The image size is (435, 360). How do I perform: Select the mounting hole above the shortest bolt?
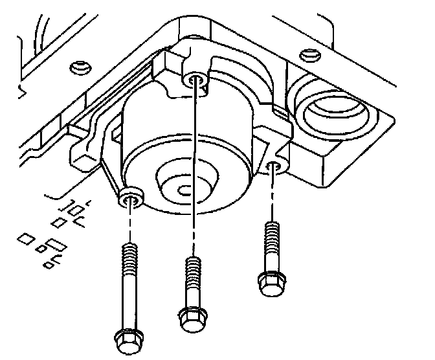[274, 168]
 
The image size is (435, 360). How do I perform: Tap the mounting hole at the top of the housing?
[195, 81]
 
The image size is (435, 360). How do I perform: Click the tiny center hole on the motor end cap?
[184, 188]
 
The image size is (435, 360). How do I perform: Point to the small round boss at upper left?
[78, 67]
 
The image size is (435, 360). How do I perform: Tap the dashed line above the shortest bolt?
[272, 197]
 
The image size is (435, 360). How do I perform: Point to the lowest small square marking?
[48, 265]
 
